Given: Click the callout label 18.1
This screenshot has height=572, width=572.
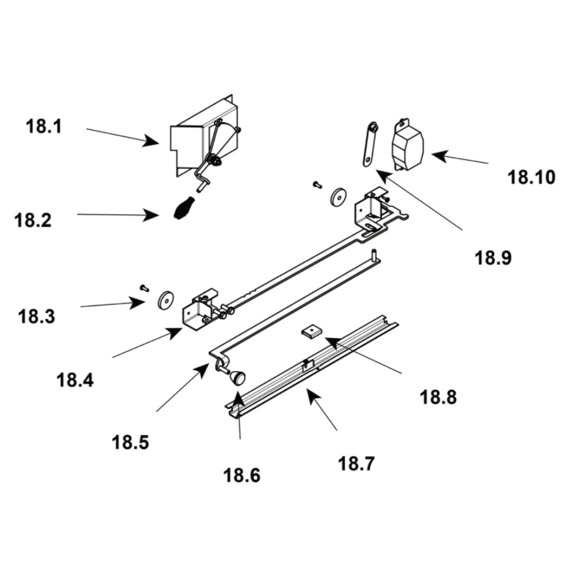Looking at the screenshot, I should (43, 126).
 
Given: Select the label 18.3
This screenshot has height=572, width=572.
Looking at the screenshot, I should (37, 316).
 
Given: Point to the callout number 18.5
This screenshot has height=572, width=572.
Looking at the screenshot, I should (130, 442).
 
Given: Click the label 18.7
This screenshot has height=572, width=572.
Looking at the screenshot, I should (356, 463).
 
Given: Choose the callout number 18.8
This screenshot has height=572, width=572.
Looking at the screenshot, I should (439, 397).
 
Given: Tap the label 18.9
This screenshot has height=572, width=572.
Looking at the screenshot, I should (493, 257).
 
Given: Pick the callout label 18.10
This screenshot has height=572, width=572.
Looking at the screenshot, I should (531, 177).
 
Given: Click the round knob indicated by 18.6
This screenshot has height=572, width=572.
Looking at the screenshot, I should (236, 377).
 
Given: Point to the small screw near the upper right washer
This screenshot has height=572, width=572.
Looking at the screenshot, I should (316, 185).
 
